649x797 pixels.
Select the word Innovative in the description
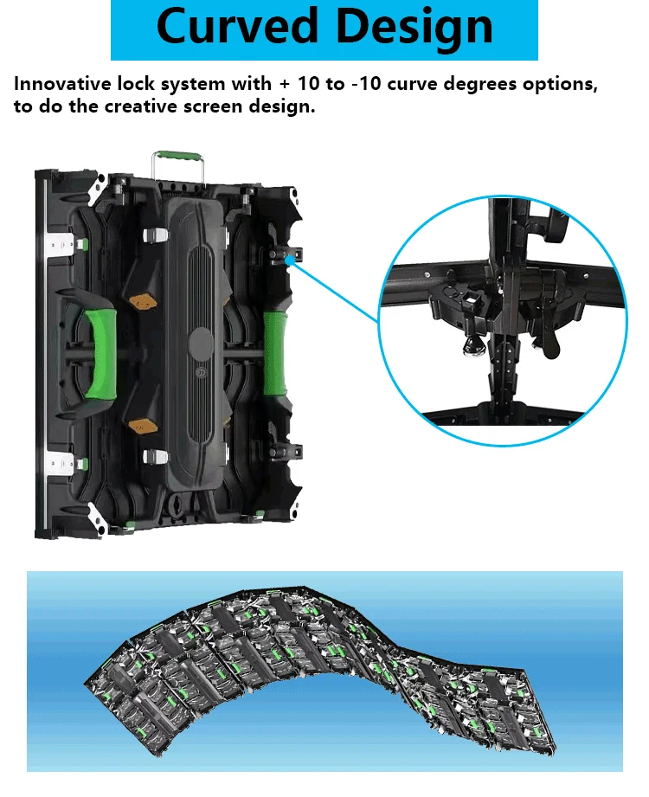pyautogui.click(x=74, y=86)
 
